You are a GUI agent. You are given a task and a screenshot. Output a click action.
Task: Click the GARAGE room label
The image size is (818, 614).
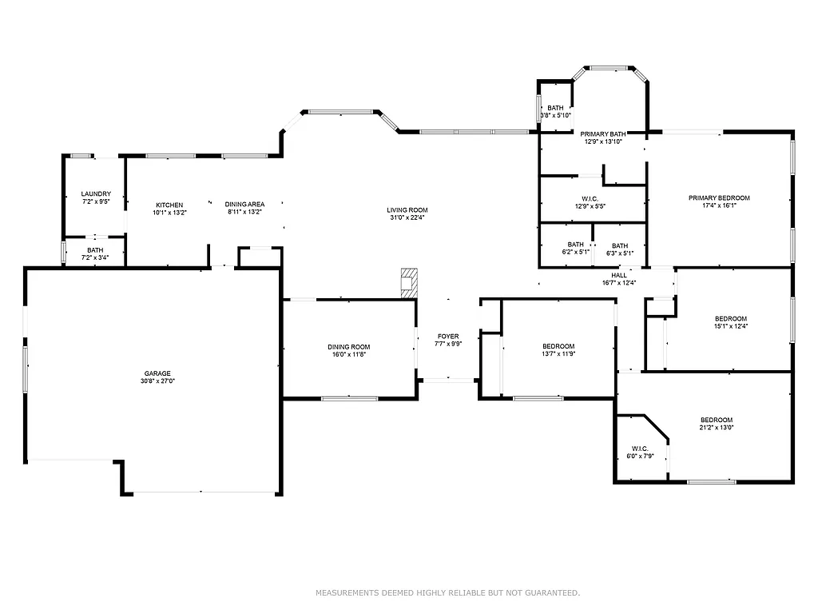[157, 373]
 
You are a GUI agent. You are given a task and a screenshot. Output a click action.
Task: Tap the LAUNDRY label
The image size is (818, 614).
[95, 194]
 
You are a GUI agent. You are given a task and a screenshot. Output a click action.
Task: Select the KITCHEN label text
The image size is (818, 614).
[169, 205]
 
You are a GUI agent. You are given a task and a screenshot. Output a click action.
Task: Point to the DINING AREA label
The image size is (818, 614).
[244, 205]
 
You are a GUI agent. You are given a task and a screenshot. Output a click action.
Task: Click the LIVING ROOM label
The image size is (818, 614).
[408, 210]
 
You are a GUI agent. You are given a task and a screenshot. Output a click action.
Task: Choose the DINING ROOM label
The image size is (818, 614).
[348, 347]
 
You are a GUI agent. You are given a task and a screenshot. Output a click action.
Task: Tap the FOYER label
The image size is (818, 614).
[447, 336]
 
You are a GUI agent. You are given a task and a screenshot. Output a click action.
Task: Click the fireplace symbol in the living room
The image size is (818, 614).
[409, 283]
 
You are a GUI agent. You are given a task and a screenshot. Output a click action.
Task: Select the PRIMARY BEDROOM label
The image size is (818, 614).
[719, 197]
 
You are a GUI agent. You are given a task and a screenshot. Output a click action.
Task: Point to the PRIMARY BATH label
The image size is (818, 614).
[602, 134]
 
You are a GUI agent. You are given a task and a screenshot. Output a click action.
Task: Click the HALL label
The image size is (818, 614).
[619, 275]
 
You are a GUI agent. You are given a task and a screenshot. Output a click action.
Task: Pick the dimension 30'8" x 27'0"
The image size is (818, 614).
[157, 381]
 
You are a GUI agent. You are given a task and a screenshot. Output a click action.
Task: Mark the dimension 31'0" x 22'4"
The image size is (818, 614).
[408, 217]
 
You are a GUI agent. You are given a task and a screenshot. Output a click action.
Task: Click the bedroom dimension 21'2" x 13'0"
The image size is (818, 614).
[717, 428]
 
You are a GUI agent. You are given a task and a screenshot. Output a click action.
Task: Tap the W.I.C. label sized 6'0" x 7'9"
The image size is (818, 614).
[640, 449]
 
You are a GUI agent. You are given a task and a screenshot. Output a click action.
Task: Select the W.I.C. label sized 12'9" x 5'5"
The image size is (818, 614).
[590, 199]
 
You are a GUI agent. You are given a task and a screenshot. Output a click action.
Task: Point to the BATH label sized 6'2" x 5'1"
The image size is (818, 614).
[575, 245]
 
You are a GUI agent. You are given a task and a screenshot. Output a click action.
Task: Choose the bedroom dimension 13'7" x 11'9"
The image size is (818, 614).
[558, 353]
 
